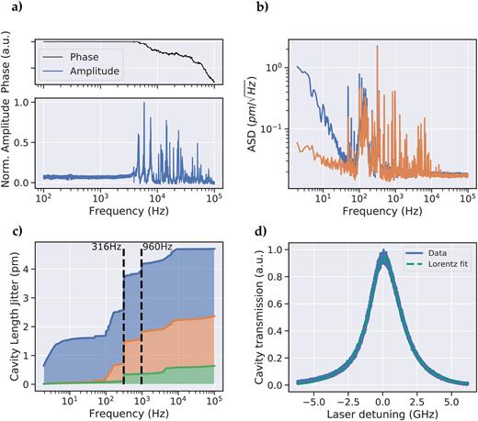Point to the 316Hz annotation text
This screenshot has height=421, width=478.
(x=108, y=247)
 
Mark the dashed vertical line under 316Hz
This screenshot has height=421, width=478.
(x=123, y=321)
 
